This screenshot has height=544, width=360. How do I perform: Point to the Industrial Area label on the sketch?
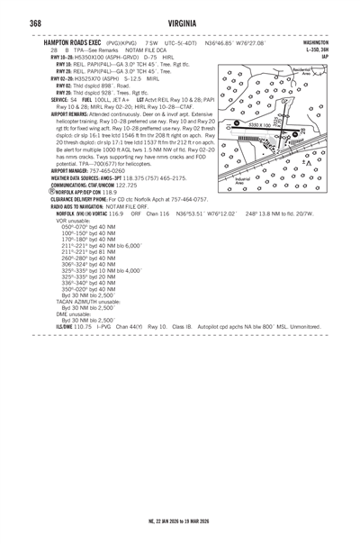point(242,182)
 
